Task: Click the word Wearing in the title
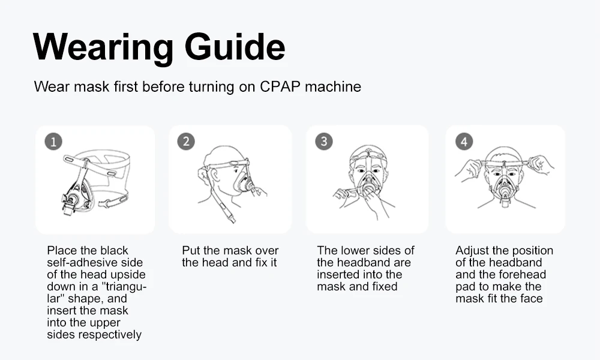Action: pos(103,47)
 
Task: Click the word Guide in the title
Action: pos(235,47)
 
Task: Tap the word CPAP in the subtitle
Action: pos(280,86)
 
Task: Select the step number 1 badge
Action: pos(53,142)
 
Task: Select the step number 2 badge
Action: pos(186,141)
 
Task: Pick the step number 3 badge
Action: pos(324,141)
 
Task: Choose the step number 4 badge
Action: pos(464,142)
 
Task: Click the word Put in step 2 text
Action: pos(191,251)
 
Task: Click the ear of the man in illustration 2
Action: pos(215,175)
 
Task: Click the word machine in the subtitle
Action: pos(333,86)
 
